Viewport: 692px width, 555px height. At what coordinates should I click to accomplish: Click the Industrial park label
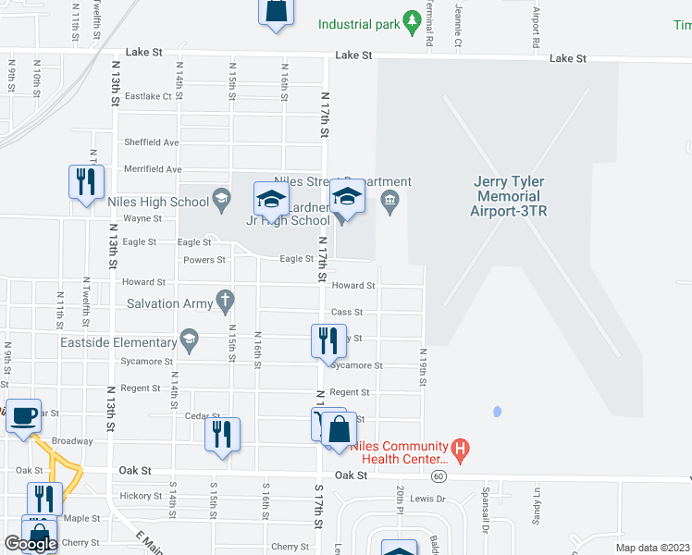click(x=358, y=24)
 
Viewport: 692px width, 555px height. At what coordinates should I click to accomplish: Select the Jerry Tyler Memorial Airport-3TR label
click(x=508, y=197)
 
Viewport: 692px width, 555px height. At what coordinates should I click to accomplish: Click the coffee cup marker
click(x=24, y=415)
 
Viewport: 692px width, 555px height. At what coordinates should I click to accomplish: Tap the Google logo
click(x=31, y=544)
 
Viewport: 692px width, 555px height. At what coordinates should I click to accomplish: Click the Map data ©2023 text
click(x=652, y=548)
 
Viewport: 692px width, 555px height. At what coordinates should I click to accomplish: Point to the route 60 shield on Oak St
click(x=438, y=475)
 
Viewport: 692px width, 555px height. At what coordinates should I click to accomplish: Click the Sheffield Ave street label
click(x=152, y=142)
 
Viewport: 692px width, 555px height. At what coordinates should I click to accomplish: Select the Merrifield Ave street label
click(x=152, y=169)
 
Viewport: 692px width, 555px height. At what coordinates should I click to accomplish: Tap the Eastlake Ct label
click(x=149, y=96)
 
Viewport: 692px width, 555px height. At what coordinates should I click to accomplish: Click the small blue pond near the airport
click(x=497, y=411)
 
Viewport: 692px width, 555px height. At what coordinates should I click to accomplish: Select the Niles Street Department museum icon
click(x=390, y=200)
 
